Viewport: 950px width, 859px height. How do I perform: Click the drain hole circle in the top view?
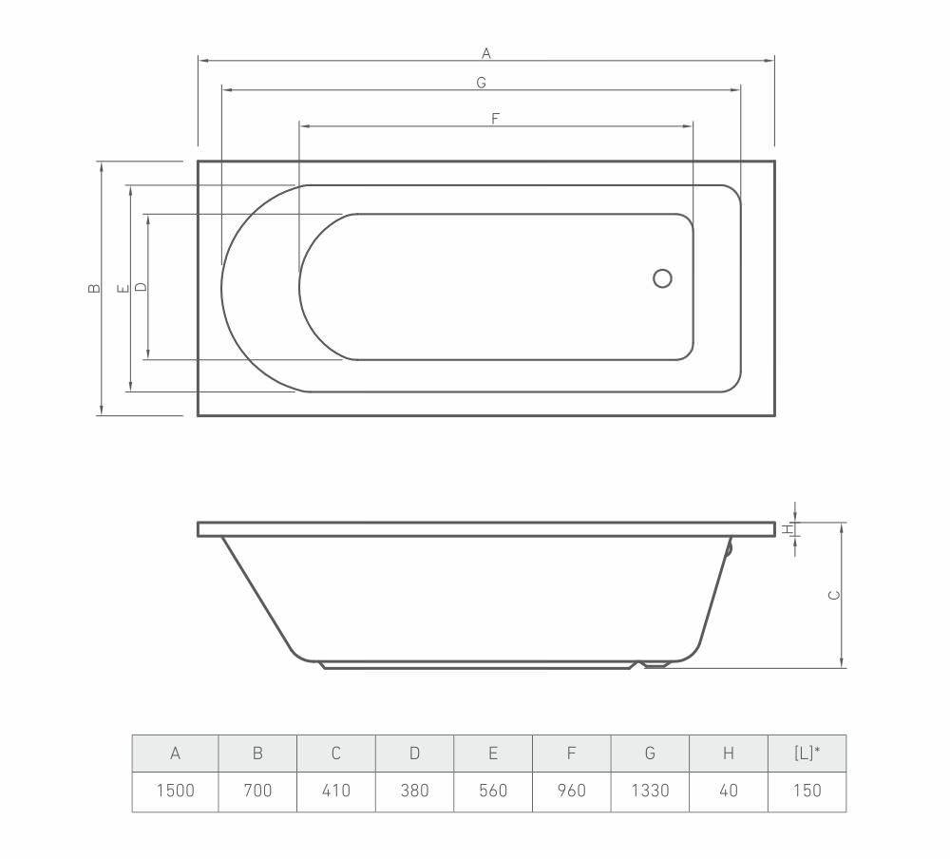coord(662,278)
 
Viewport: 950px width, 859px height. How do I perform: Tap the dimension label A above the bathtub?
coord(485,54)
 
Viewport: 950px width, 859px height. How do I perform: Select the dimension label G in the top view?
coord(482,84)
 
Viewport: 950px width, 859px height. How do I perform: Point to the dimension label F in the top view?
coord(495,119)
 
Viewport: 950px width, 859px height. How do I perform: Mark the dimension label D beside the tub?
coord(141,287)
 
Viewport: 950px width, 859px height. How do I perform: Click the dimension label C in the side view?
coord(834,596)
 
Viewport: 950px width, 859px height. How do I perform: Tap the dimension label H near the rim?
coord(787,529)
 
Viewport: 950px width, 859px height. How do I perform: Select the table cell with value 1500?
coord(175,790)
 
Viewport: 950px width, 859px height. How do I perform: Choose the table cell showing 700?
coord(257,790)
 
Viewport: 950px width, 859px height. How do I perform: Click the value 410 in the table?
coord(335,790)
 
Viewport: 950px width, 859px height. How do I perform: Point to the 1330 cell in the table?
coord(650,790)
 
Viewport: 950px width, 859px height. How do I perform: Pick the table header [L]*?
coord(807,754)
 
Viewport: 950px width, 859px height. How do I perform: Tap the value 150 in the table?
coord(807,790)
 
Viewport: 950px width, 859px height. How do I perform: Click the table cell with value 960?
coord(571,790)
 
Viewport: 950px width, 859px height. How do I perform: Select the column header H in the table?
coord(728,754)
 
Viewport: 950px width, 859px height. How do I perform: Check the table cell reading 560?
coord(493,790)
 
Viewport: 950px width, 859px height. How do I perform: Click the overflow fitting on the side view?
coord(730,548)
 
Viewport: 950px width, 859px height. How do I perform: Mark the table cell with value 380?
coord(414,790)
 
